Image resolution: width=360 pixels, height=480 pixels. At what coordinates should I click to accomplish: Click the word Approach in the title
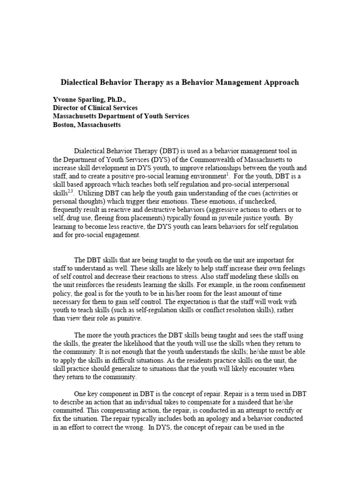pyautogui.click(x=280, y=82)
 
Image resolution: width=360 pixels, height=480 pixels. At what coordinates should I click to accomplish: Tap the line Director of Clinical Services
pyautogui.click(x=95, y=108)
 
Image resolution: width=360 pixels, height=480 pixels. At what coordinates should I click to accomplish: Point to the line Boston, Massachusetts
pyautogui.click(x=86, y=125)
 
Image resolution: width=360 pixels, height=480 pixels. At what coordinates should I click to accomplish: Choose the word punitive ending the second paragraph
pyautogui.click(x=130, y=318)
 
